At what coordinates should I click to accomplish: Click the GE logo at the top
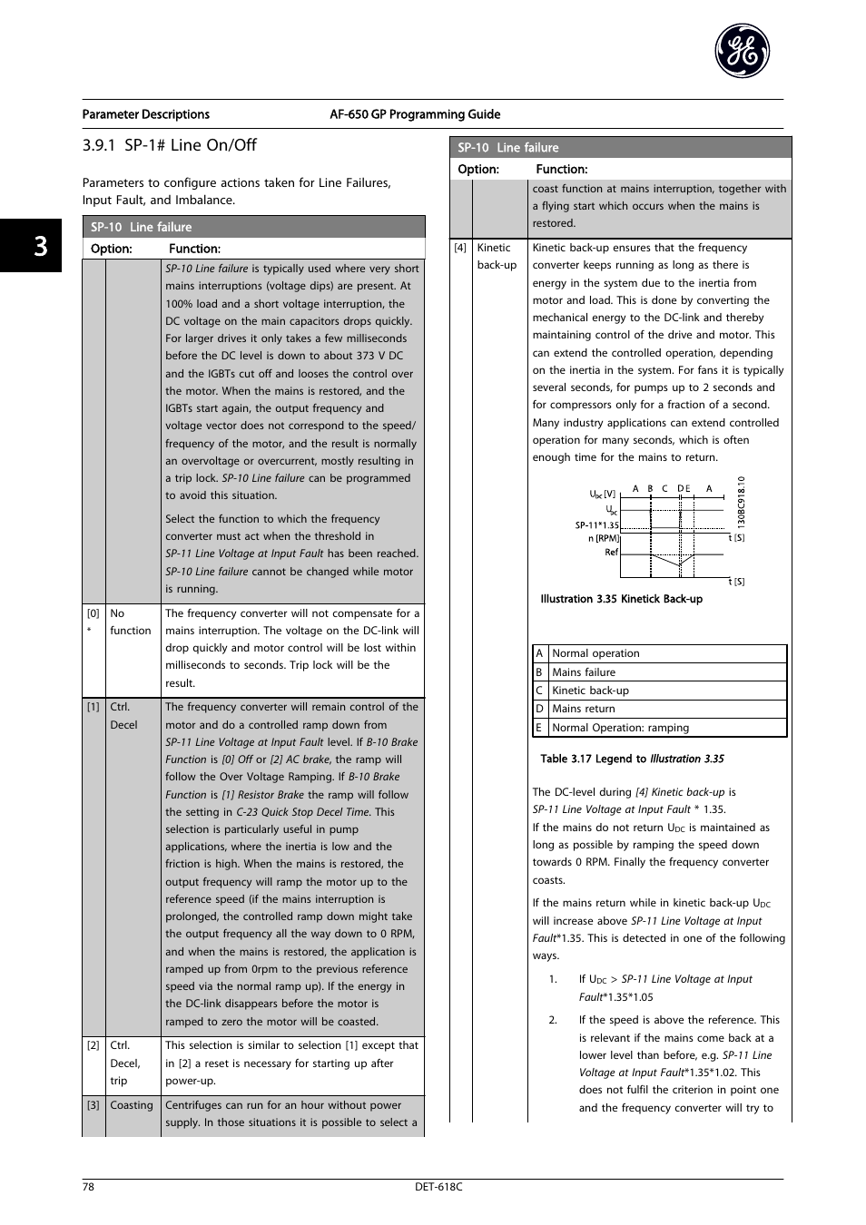[742, 52]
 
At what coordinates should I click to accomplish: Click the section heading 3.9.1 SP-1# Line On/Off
[169, 145]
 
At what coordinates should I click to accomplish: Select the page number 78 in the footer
[88, 1187]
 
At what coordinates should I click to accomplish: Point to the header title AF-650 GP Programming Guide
[415, 114]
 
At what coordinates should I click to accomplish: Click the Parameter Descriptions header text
[146, 114]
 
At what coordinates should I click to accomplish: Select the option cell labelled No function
[130, 622]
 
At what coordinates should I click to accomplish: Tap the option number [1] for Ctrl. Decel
[93, 707]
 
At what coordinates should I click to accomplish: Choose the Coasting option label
[132, 1105]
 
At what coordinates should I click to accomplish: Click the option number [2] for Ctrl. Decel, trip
[93, 1045]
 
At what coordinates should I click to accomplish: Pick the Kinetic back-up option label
[497, 256]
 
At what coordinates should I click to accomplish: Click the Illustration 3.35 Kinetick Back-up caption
[621, 599]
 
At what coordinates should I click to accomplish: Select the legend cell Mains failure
[584, 672]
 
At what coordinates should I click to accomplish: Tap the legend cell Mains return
[584, 709]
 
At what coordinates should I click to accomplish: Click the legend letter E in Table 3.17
[539, 728]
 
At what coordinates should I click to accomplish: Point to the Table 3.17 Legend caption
[632, 759]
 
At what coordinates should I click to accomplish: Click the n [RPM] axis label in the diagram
[603, 538]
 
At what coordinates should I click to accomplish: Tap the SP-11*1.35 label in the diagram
[596, 525]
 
